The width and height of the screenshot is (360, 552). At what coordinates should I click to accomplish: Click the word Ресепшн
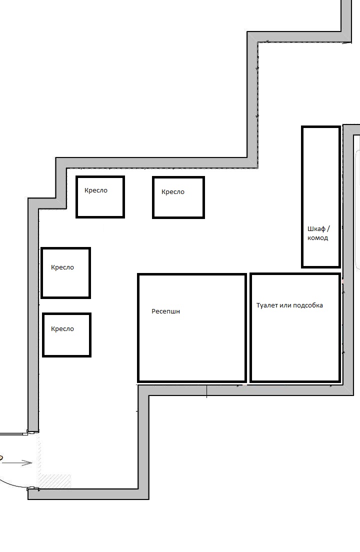[165, 311]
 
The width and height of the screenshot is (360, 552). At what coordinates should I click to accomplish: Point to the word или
[285, 305]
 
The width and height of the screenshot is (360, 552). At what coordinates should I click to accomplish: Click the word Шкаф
[316, 229]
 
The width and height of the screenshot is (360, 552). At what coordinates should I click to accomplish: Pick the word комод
[318, 238]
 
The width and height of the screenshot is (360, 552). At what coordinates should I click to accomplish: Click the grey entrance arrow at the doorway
[17, 463]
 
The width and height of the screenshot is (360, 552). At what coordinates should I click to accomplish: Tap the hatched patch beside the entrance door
[54, 481]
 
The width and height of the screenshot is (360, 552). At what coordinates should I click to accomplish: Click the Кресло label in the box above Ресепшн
[173, 192]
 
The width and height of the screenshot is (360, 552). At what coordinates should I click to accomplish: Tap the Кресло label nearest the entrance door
[62, 329]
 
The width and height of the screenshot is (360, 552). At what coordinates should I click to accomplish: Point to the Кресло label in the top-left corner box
[95, 190]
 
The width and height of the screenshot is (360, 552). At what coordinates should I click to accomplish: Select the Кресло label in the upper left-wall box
[62, 267]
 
